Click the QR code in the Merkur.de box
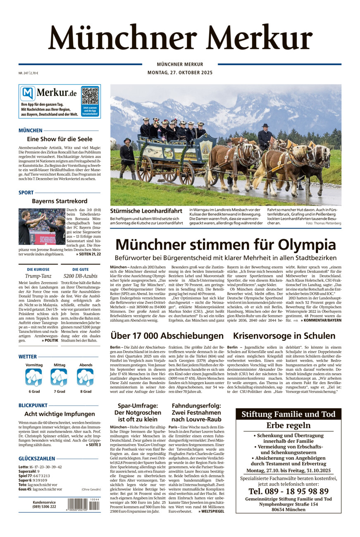[90, 95]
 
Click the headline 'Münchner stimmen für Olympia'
[226, 244]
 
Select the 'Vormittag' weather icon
[34, 377]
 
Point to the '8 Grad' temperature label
[86, 391]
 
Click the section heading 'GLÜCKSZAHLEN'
[37, 459]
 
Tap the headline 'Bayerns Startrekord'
[60, 201]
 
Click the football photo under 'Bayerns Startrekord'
[42, 226]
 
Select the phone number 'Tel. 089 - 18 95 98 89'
[288, 491]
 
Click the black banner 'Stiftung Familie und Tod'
[288, 414]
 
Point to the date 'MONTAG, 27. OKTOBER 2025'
[180, 73]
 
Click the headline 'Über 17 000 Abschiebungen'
[167, 336]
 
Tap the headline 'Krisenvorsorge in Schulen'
[284, 336]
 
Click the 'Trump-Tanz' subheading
[38, 276]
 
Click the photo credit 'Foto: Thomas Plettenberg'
[324, 223]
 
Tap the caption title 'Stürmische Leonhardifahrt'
[146, 211]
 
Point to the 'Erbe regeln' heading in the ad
[288, 425]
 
